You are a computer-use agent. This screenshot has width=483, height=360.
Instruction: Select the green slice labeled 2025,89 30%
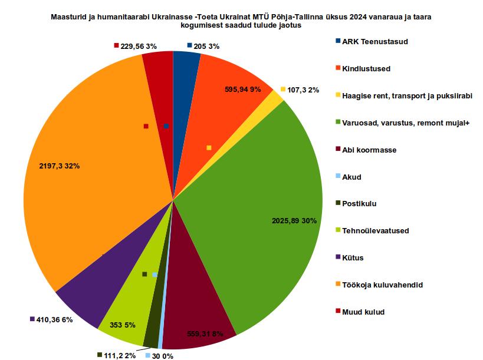tap(254, 194)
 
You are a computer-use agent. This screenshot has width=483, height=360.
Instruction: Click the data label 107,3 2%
tap(303, 90)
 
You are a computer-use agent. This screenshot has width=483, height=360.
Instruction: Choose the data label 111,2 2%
tap(120, 355)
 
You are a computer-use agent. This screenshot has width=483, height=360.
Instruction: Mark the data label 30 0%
tap(162, 355)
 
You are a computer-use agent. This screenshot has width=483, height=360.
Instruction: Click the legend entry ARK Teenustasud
tap(374, 42)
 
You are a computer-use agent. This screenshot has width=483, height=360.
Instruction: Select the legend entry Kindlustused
tap(366, 69)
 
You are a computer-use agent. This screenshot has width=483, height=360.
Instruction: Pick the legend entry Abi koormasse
tap(369, 150)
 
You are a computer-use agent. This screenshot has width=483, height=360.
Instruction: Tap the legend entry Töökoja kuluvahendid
tap(382, 285)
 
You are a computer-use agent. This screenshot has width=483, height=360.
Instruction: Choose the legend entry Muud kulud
tap(363, 312)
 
